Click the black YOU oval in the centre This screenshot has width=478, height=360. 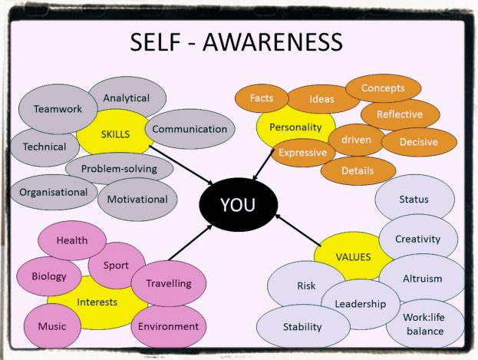pyautogui.click(x=238, y=205)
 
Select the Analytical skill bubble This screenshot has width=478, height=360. pyautogui.click(x=126, y=98)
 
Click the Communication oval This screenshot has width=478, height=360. pyautogui.click(x=190, y=129)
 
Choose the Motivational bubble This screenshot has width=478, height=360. pyautogui.click(x=137, y=199)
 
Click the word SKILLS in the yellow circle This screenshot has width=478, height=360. pyautogui.click(x=114, y=134)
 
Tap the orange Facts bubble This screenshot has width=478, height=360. pyautogui.click(x=262, y=98)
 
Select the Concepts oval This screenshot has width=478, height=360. pyautogui.click(x=382, y=88)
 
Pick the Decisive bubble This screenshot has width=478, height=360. pyautogui.click(x=419, y=142)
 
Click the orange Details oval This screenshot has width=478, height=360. pyautogui.click(x=358, y=170)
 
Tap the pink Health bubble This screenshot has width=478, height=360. pyautogui.click(x=72, y=240)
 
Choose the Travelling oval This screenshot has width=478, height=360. pyautogui.click(x=169, y=283)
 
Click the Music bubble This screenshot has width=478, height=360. pyautogui.click(x=52, y=326)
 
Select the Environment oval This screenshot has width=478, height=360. pyautogui.click(x=169, y=326)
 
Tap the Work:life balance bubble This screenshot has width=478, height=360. pyautogui.click(x=423, y=324)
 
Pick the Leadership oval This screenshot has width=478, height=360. pyautogui.click(x=361, y=304)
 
